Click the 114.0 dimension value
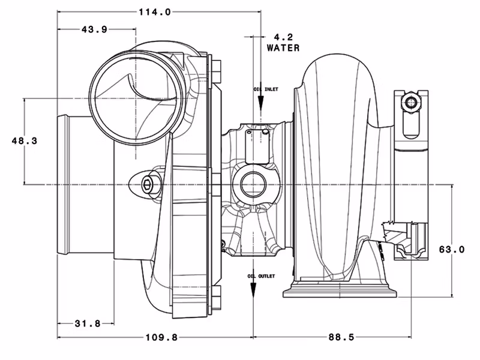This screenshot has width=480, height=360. pos(154,11)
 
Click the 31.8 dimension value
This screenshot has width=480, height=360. pos(88,323)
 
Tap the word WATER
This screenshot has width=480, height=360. pos(283,47)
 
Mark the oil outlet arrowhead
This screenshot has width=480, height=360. pos(254,289)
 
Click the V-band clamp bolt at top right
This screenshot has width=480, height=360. pos(412,103)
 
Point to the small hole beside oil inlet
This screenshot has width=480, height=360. pos(265,129)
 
